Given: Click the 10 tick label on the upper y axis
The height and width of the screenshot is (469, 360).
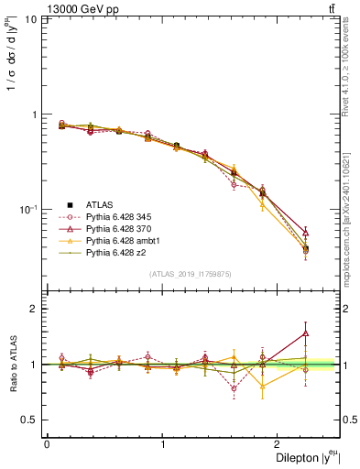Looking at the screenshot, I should pyautogui.click(x=30, y=19).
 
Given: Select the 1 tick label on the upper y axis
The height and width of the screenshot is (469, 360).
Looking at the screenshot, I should pyautogui.click(x=34, y=115).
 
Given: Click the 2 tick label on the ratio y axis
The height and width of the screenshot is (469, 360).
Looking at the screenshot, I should pyautogui.click(x=34, y=309).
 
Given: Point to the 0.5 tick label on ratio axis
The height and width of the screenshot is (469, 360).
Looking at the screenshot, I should pyautogui.click(x=29, y=420).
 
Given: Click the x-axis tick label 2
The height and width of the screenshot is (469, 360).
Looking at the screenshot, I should pyautogui.click(x=280, y=443).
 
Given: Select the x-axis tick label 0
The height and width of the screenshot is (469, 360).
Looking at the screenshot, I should pyautogui.click(x=46, y=443).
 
